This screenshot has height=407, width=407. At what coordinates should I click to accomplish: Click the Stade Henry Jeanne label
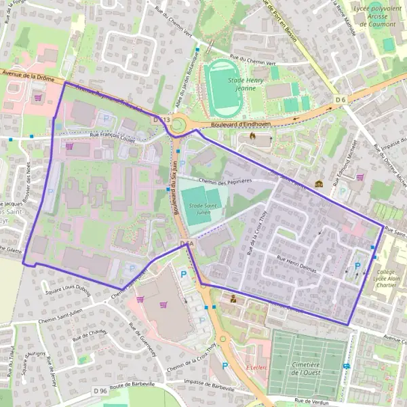point(245,83)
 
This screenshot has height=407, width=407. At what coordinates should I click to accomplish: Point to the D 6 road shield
point(341,100)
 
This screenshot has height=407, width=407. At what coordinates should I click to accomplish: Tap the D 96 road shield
point(100,391)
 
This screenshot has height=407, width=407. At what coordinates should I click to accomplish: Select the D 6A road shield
point(188,244)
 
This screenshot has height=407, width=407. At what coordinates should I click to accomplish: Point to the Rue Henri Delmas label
point(296,263)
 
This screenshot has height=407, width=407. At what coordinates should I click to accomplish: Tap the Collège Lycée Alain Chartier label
point(385,281)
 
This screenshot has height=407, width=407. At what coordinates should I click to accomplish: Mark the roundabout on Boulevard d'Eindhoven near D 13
point(179,125)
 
